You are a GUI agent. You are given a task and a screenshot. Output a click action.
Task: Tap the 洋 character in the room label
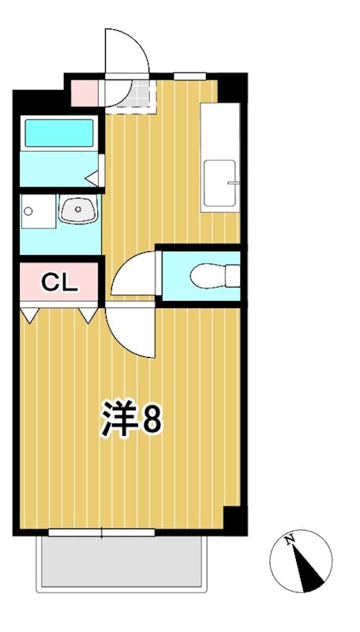118,419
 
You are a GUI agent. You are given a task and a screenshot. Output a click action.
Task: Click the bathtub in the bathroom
59,133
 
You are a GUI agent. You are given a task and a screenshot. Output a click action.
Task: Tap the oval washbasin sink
77,210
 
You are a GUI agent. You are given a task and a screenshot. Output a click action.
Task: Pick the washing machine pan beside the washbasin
37,211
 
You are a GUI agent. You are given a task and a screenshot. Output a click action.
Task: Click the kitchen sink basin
220,183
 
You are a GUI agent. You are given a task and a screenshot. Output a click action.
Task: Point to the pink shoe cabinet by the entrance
84,93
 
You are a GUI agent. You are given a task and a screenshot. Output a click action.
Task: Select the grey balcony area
122,564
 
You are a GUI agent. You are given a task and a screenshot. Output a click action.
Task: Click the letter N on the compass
291,540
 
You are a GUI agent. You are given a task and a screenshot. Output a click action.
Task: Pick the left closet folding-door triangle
30,315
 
